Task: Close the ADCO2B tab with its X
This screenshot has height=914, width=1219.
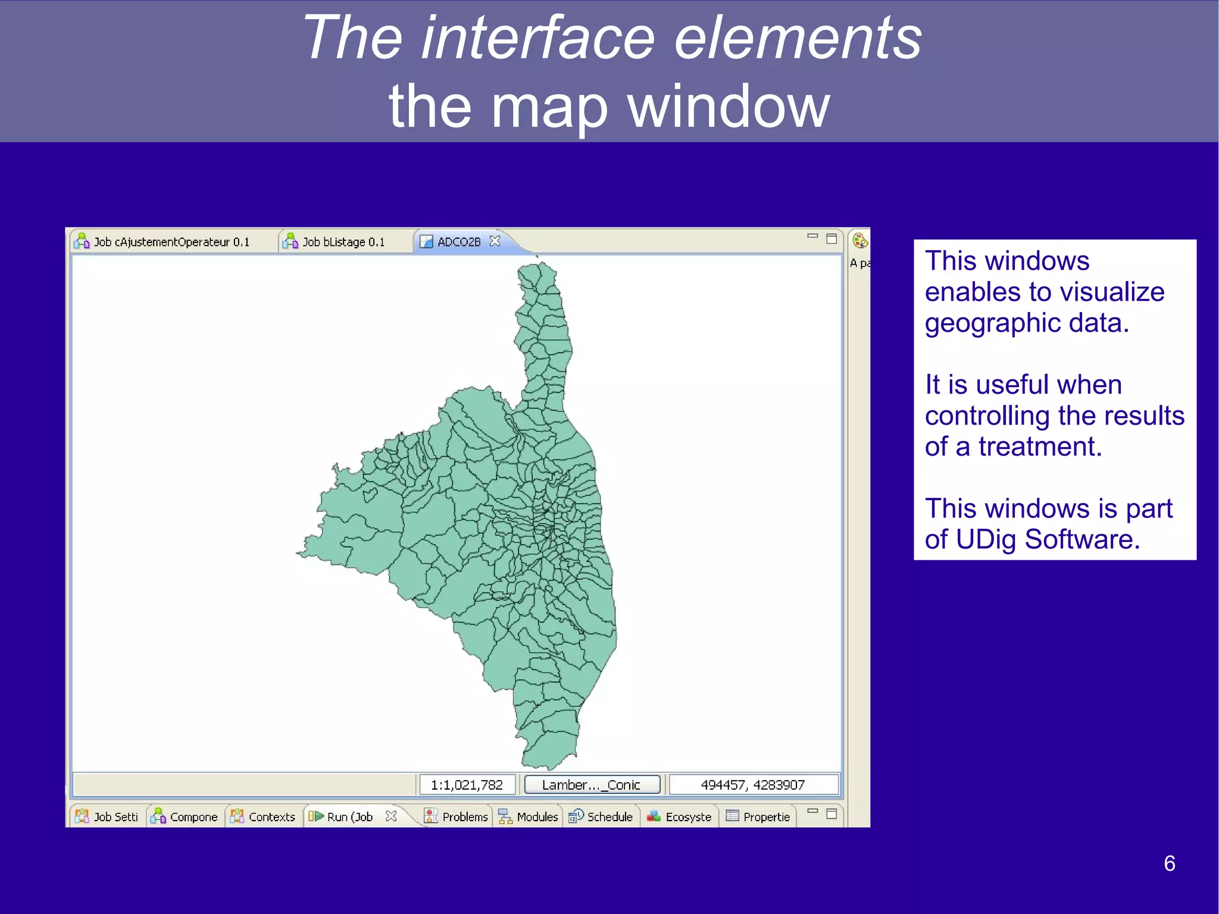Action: click(x=495, y=241)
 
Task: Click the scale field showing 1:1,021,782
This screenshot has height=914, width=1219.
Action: click(x=467, y=785)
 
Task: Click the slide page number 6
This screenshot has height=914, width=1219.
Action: click(x=1169, y=863)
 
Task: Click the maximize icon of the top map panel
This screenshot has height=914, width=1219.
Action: click(x=832, y=239)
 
